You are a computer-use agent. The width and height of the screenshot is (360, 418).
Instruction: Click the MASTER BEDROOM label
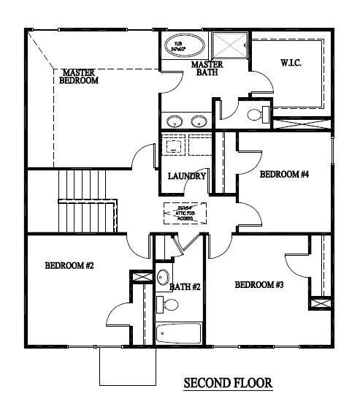click(80, 76)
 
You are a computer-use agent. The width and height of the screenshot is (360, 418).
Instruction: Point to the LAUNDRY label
click(186, 176)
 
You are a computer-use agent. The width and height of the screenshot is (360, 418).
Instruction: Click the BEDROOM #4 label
click(285, 174)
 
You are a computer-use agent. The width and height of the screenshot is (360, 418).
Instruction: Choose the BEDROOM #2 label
click(69, 265)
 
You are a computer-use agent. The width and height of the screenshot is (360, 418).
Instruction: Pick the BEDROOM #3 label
click(259, 284)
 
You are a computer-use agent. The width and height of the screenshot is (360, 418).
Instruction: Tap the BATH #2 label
click(185, 287)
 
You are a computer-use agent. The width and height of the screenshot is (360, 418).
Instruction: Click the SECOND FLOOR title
click(227, 382)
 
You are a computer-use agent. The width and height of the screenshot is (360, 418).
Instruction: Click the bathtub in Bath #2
click(180, 335)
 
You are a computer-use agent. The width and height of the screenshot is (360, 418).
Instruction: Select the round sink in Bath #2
click(164, 278)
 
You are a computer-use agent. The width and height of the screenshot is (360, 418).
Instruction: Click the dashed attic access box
click(185, 213)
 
